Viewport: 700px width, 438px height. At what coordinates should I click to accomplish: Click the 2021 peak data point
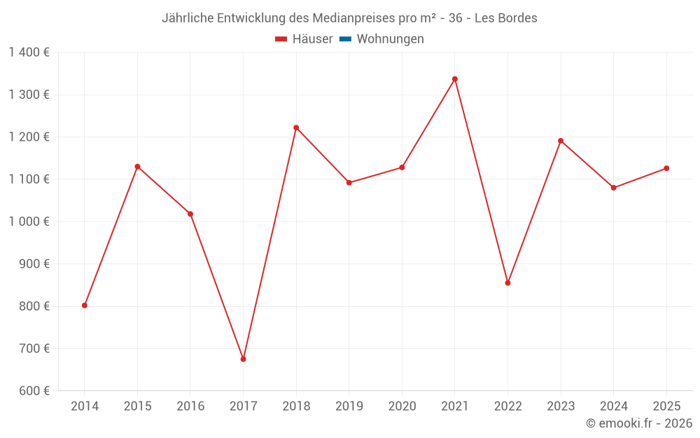click(454, 79)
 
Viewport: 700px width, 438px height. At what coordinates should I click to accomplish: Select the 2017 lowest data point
click(243, 359)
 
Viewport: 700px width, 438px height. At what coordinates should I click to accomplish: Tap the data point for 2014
click(85, 306)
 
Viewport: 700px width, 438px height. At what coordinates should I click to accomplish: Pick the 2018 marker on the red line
click(296, 128)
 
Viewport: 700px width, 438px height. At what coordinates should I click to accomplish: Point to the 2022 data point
click(507, 283)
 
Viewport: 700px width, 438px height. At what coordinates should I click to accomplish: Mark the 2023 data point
click(561, 141)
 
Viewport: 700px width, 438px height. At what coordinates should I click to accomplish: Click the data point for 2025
click(666, 168)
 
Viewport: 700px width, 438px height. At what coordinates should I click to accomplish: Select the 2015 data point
click(137, 167)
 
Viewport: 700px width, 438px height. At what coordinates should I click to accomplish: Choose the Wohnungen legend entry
click(390, 39)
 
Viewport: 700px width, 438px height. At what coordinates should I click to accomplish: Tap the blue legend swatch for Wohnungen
click(345, 39)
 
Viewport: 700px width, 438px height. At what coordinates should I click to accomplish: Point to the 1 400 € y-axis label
click(29, 53)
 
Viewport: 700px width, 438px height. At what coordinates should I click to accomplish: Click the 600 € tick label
click(34, 391)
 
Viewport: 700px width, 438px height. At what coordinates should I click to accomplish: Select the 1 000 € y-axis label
click(29, 221)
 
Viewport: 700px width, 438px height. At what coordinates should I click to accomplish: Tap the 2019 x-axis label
click(349, 406)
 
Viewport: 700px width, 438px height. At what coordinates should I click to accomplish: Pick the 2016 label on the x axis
click(190, 406)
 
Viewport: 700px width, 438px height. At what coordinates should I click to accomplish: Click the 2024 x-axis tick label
click(613, 406)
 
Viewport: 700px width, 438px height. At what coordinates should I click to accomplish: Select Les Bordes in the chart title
click(506, 18)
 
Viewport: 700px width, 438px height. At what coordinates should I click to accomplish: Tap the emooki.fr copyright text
click(639, 423)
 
